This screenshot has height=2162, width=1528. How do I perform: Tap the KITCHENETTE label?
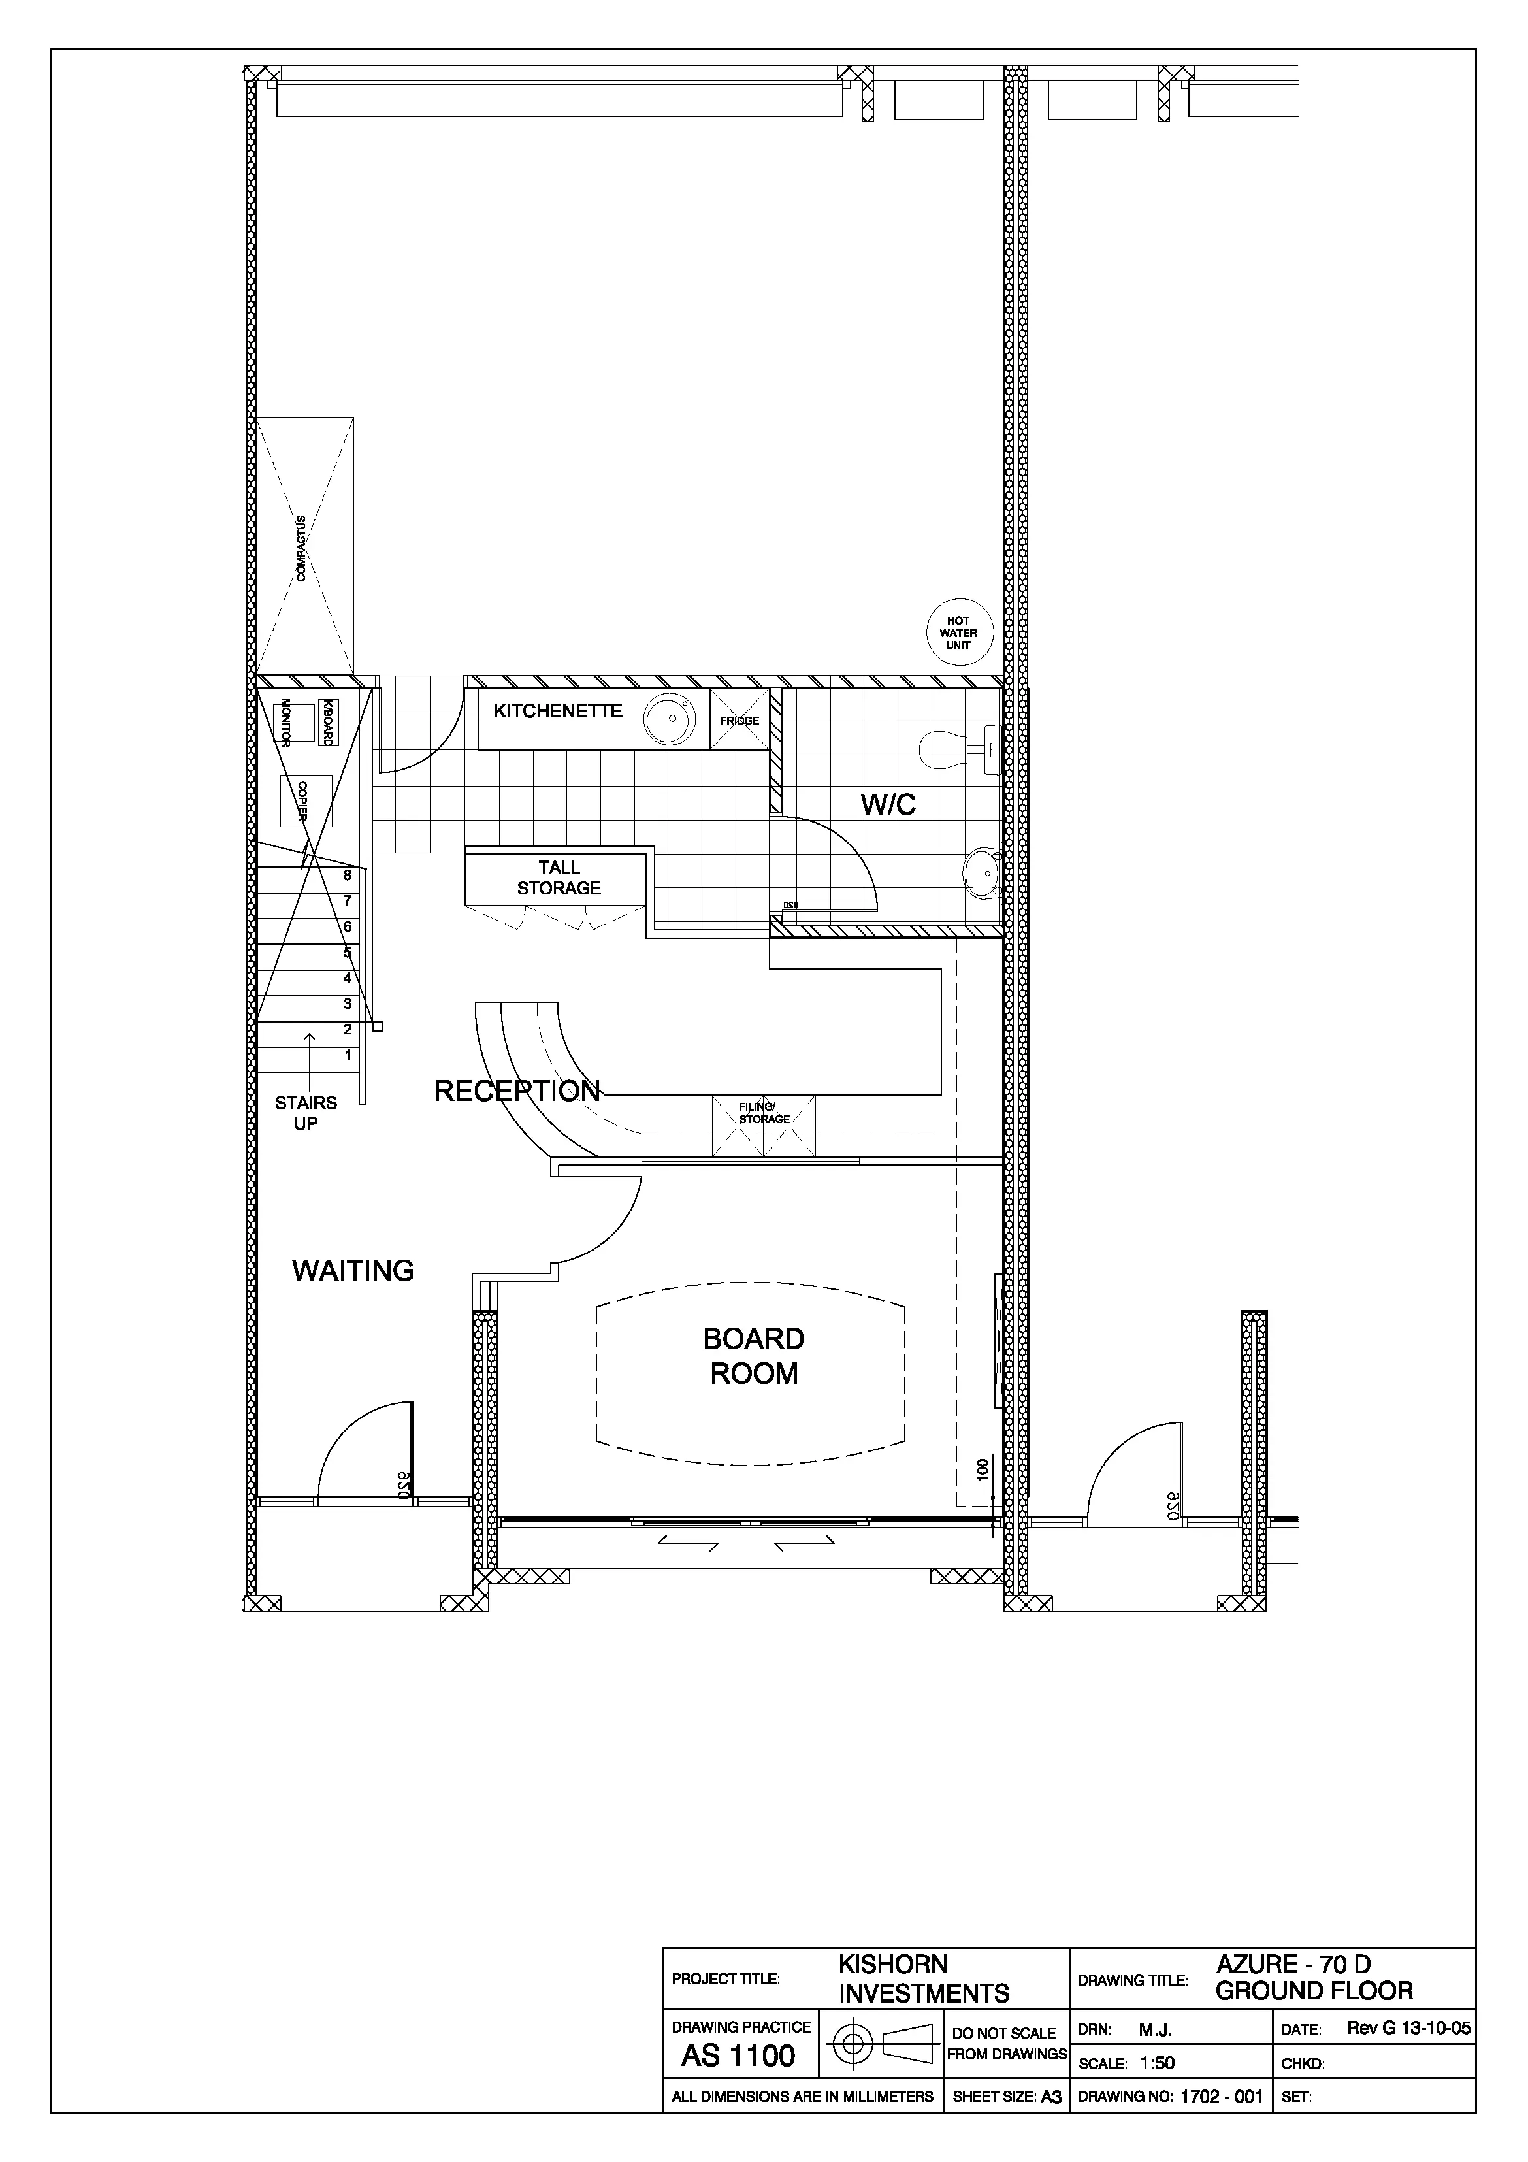click(559, 711)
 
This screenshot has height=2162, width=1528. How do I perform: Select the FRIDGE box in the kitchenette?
click(739, 719)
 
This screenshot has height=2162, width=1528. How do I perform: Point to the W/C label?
click(888, 805)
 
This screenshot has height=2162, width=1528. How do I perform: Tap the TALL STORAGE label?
click(559, 877)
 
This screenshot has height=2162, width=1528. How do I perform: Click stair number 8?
click(348, 876)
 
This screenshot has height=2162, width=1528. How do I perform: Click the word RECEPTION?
click(517, 1091)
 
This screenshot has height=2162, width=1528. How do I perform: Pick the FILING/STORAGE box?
click(764, 1126)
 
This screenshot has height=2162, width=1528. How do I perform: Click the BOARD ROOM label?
click(754, 1356)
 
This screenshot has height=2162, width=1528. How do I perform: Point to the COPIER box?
click(306, 800)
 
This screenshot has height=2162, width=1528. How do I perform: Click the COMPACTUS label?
click(301, 548)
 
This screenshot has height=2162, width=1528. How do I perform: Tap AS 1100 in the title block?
click(739, 2056)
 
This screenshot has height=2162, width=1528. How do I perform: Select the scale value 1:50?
click(1157, 2063)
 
